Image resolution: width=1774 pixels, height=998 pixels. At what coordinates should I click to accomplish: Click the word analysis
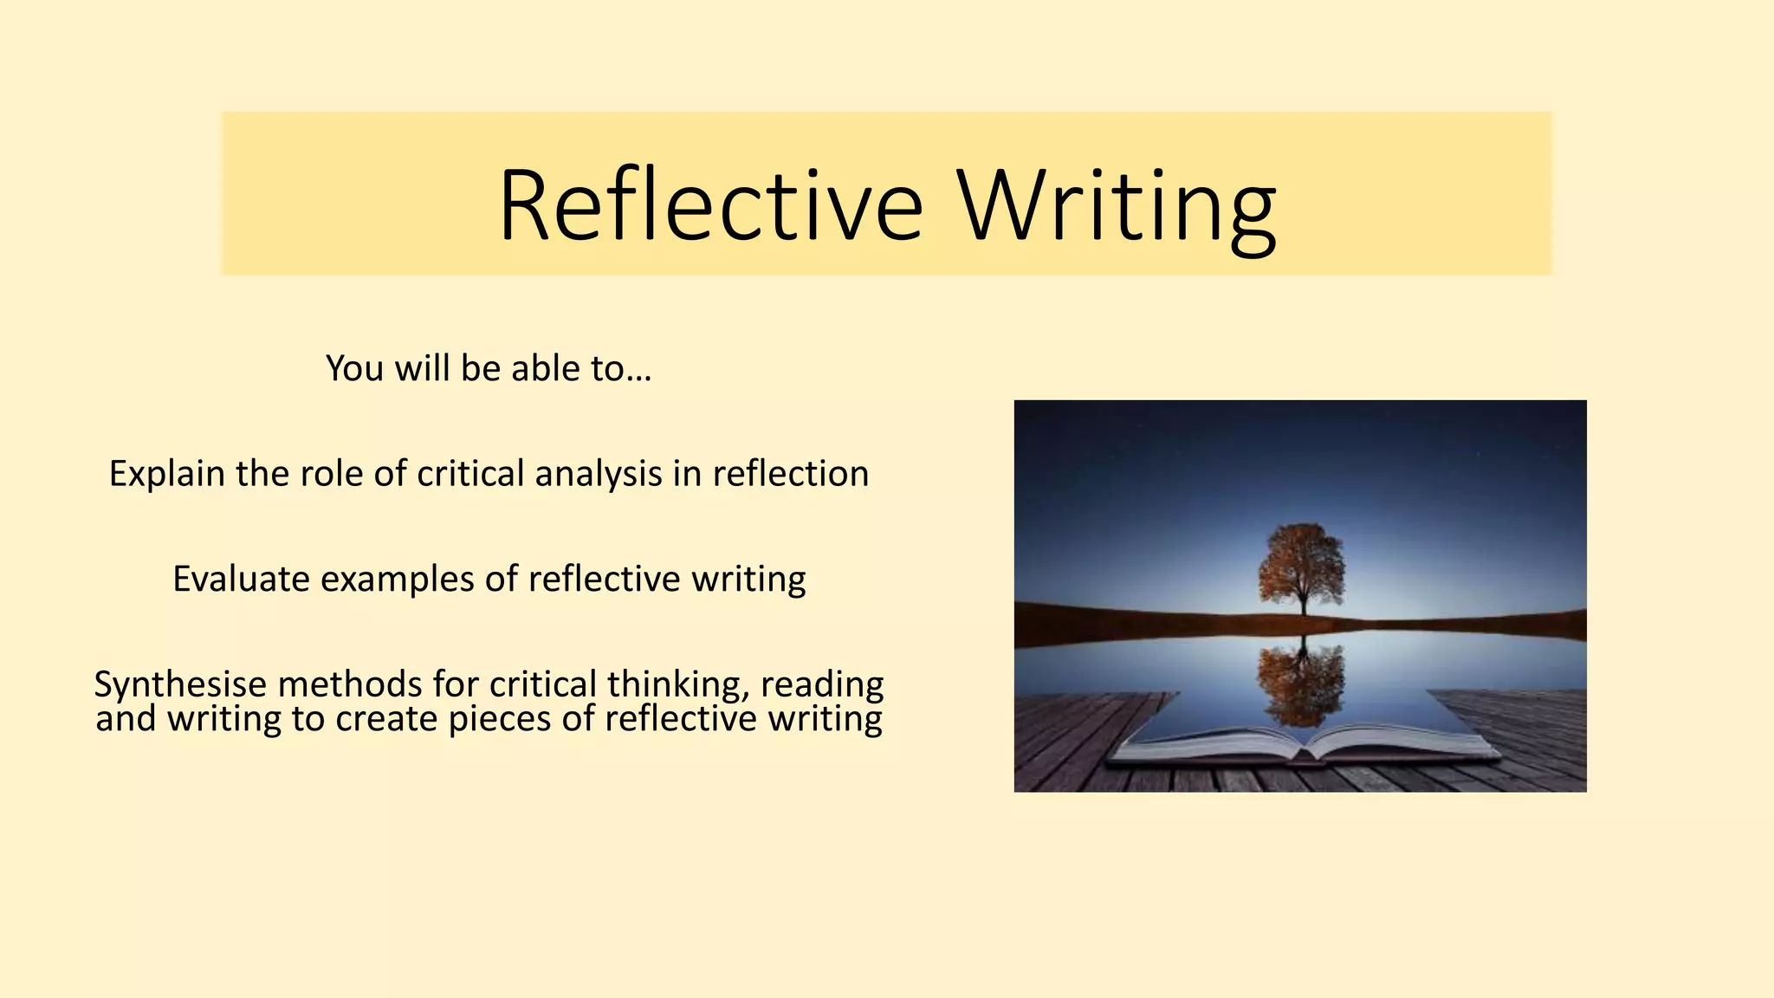click(599, 474)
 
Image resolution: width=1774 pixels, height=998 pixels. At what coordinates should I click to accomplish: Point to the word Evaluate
click(241, 579)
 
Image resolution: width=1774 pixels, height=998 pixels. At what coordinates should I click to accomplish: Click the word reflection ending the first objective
click(791, 474)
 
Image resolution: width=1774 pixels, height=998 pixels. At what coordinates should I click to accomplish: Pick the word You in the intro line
click(354, 369)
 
